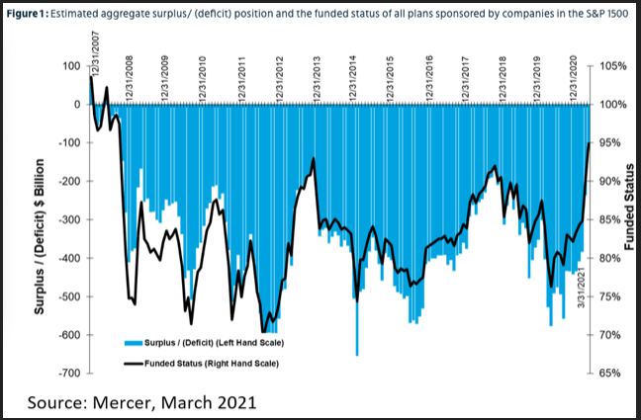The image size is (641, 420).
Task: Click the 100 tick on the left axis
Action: (x=72, y=65)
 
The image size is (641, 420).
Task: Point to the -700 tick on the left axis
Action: (x=68, y=374)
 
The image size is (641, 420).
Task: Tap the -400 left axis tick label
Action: (x=68, y=258)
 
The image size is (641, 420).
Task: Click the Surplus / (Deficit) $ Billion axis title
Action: (x=41, y=219)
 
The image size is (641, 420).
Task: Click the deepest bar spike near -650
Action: (x=357, y=353)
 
